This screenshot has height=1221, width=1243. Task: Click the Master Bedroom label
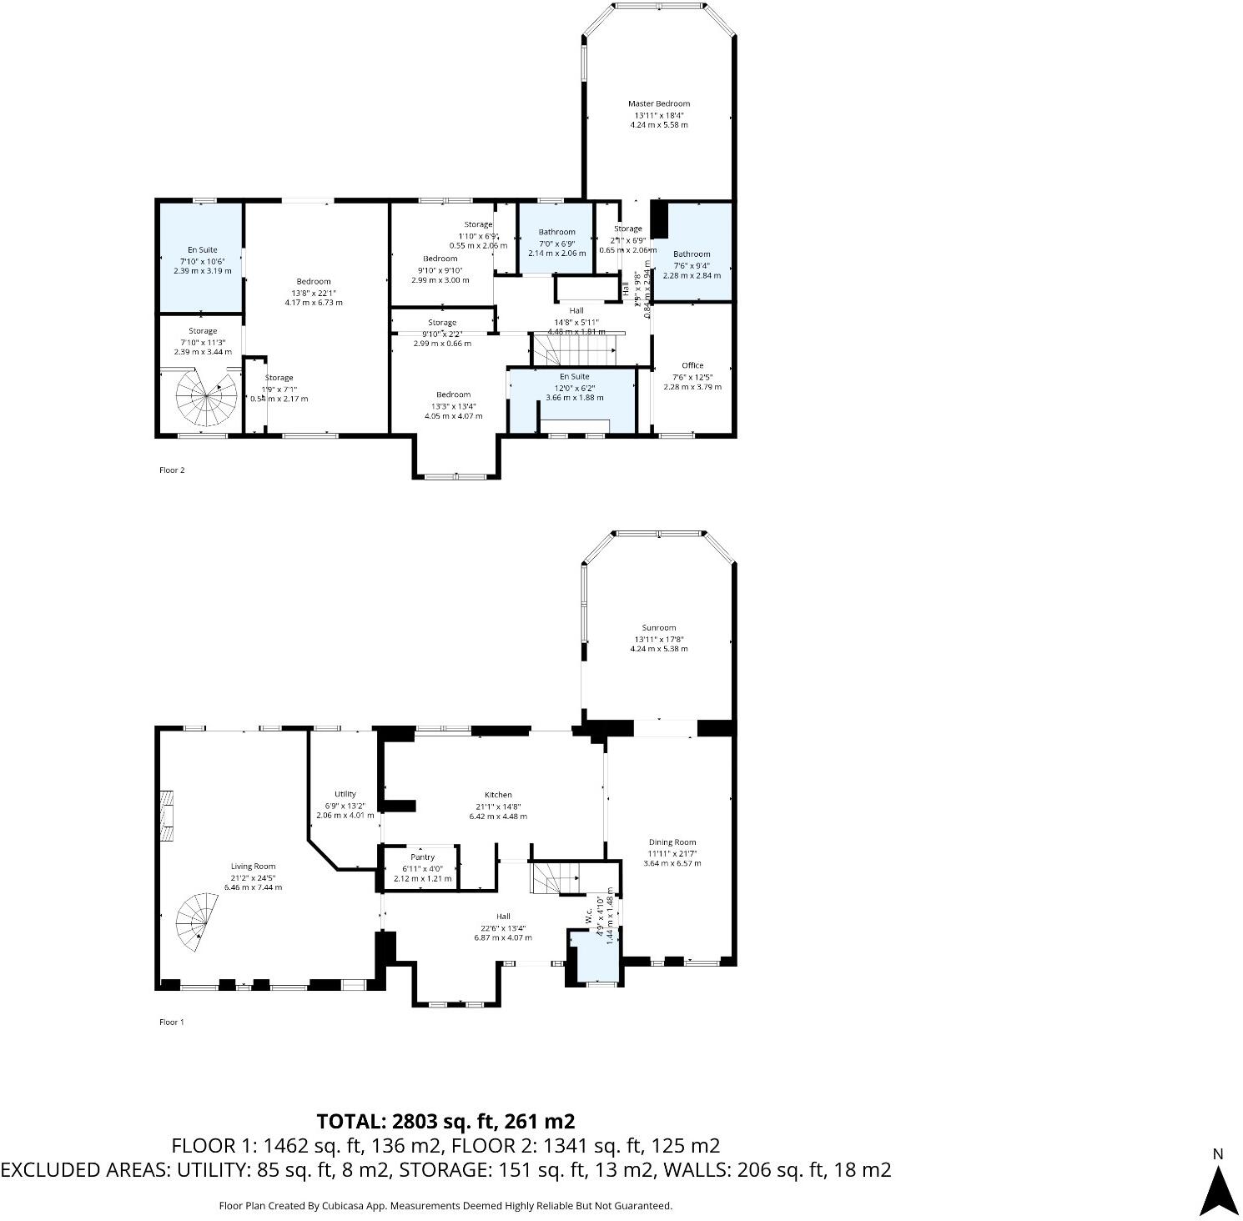[659, 104]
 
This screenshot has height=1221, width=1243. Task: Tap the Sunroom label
[659, 628]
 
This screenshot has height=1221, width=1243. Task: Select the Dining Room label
[672, 842]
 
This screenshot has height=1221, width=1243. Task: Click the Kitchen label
[498, 795]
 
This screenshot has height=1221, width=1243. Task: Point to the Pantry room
[422, 867]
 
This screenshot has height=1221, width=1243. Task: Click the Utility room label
[345, 794]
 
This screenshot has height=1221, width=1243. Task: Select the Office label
[692, 365]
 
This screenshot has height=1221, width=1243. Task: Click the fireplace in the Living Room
[168, 817]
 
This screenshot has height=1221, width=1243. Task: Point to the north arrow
[1218, 1184]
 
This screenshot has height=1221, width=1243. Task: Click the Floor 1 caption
[172, 1022]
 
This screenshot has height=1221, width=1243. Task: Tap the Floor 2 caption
[172, 470]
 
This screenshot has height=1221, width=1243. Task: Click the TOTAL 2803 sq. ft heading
[445, 1121]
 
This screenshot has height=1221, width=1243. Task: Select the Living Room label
[253, 867]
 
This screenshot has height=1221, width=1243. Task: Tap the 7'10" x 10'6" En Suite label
[202, 249]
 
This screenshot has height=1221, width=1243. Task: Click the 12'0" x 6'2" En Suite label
[574, 377]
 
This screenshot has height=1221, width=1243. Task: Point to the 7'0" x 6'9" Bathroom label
[556, 233]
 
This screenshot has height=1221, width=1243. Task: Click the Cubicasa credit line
[445, 1206]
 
